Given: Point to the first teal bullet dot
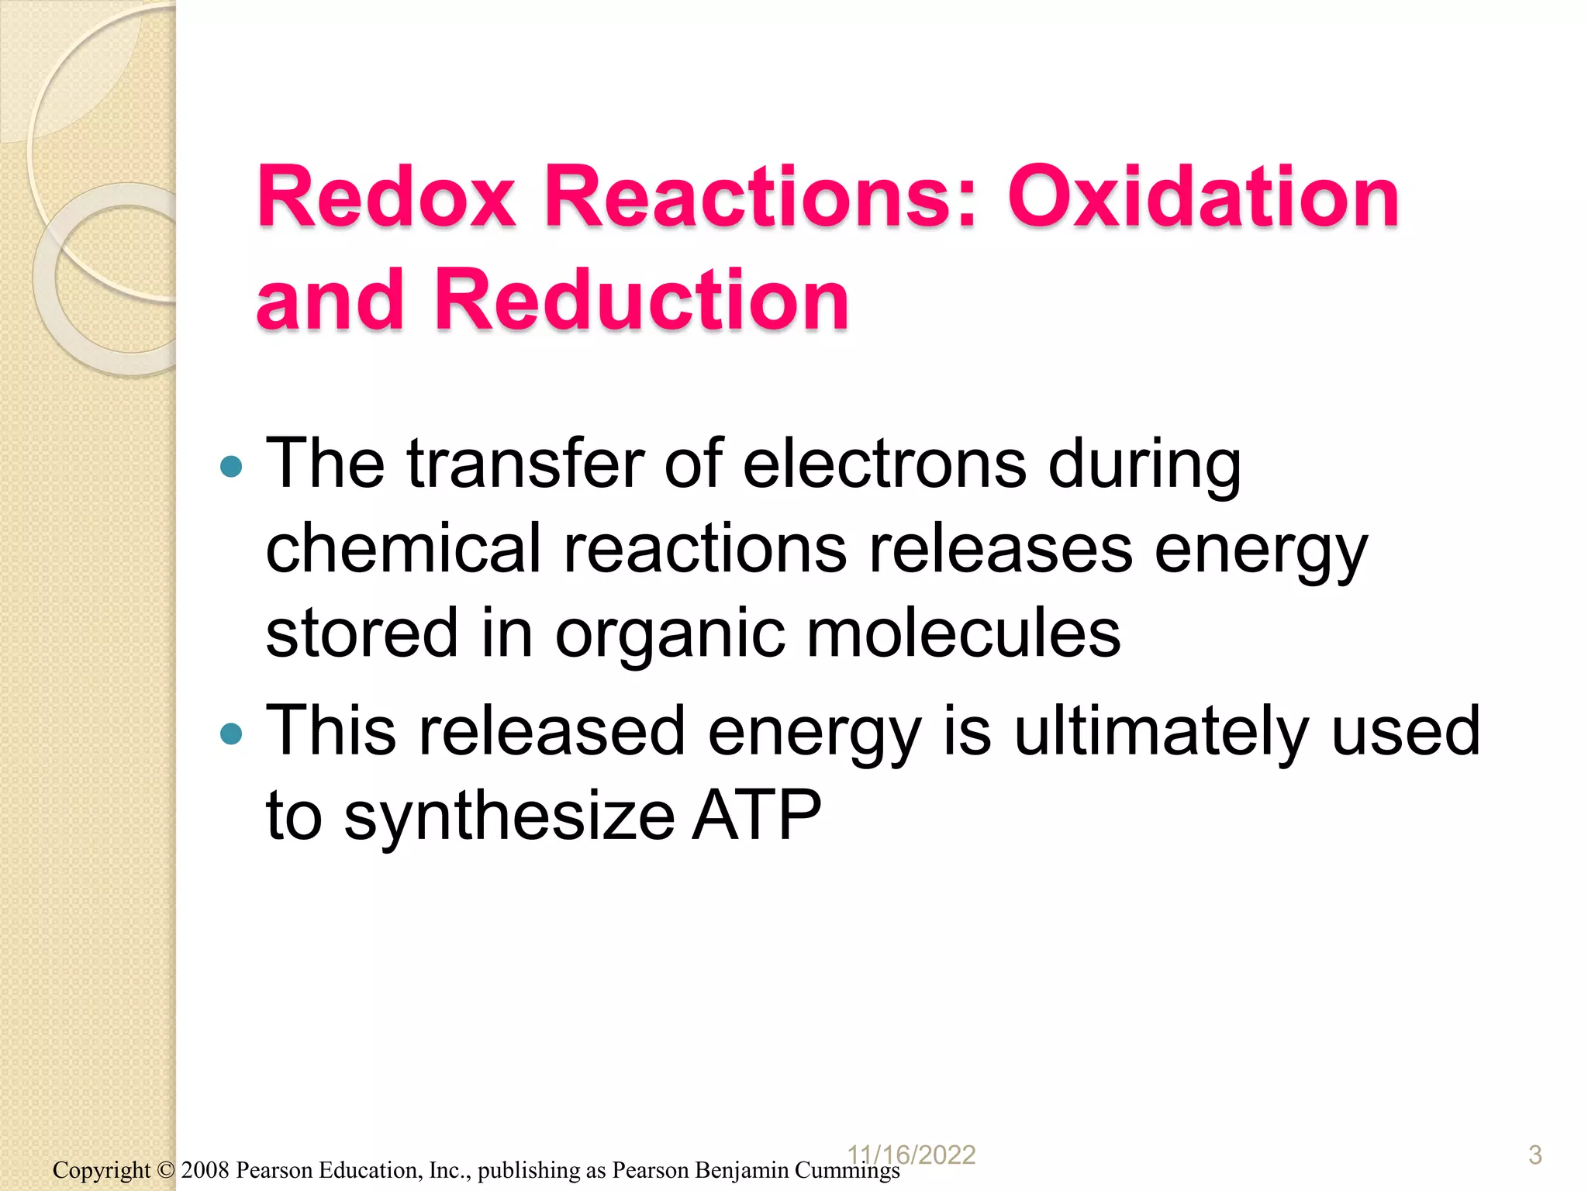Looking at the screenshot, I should (231, 467).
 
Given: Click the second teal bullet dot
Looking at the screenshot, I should (231, 734).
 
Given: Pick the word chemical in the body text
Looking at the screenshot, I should (402, 548).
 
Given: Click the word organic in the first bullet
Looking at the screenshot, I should (669, 634).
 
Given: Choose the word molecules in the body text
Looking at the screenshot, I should (963, 633).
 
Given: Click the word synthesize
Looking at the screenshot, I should (509, 816).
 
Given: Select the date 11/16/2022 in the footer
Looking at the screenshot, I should (912, 1155).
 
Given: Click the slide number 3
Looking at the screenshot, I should (1534, 1155).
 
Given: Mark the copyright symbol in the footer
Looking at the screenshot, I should (166, 1170).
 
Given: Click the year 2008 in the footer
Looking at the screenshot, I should (205, 1170).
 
